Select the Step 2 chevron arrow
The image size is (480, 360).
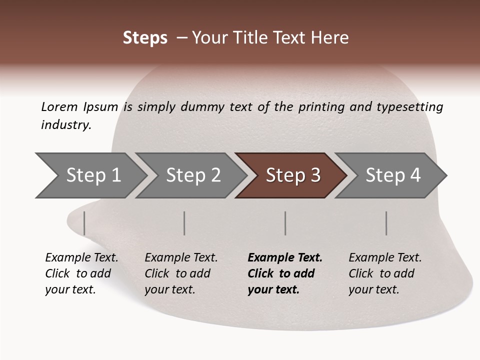[192, 175]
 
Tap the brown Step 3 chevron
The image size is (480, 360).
[292, 175]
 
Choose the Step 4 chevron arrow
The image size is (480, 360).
[392, 175]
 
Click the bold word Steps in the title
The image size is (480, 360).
[145, 38]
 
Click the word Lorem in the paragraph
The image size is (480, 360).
[59, 106]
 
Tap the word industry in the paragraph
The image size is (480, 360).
[65, 124]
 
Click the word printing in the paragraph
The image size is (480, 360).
[322, 106]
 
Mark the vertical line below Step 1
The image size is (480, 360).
[84, 223]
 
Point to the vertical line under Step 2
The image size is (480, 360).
[184, 223]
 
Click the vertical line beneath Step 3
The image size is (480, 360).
[285, 223]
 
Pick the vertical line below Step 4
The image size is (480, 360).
[386, 223]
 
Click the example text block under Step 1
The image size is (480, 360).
[81, 273]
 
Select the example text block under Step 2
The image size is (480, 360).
[181, 273]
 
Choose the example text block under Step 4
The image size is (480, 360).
[385, 273]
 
